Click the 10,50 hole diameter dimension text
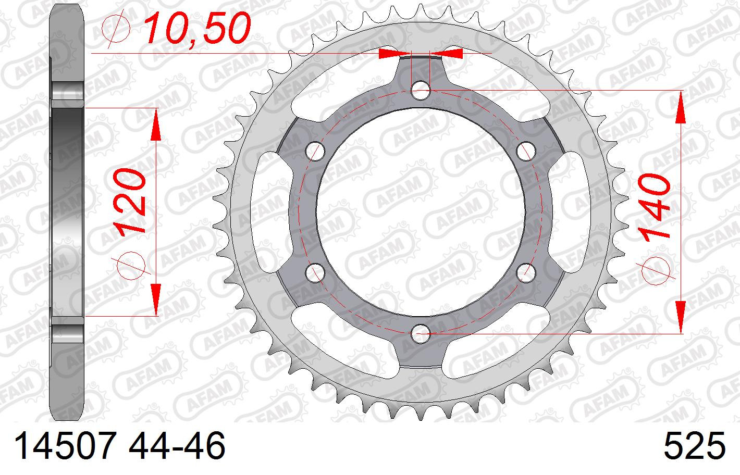(197, 28)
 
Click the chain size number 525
(695, 445)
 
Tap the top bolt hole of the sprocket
(421, 90)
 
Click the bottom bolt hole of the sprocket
(421, 334)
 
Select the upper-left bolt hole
(315, 151)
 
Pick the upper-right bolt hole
(526, 151)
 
